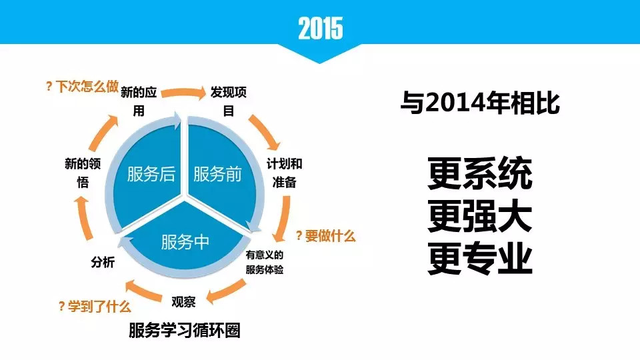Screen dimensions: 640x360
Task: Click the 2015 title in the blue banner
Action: click(x=321, y=28)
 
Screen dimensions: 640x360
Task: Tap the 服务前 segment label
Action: click(x=217, y=174)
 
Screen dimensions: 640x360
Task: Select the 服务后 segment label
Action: click(x=151, y=174)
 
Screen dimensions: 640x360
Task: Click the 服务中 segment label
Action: click(x=185, y=242)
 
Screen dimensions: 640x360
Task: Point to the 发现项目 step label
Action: click(x=229, y=101)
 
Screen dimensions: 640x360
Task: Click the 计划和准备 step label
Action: click(x=285, y=173)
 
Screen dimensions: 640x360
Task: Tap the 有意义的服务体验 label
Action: click(x=265, y=262)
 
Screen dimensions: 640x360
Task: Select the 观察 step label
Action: click(x=184, y=302)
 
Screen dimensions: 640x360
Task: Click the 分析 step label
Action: click(x=103, y=262)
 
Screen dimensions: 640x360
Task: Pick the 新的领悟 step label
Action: click(x=83, y=173)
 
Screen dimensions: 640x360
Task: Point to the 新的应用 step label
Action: click(x=139, y=101)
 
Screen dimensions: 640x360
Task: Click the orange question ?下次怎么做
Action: click(x=82, y=87)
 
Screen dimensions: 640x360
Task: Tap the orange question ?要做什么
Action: click(x=326, y=236)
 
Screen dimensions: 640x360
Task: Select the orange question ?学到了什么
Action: click(x=95, y=306)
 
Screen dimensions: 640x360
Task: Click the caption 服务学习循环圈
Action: click(x=185, y=330)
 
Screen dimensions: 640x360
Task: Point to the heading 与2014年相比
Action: click(x=480, y=103)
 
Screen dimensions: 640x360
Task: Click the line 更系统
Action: click(x=480, y=173)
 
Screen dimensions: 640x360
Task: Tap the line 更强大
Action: click(x=480, y=216)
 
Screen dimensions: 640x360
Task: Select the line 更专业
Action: click(x=480, y=259)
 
